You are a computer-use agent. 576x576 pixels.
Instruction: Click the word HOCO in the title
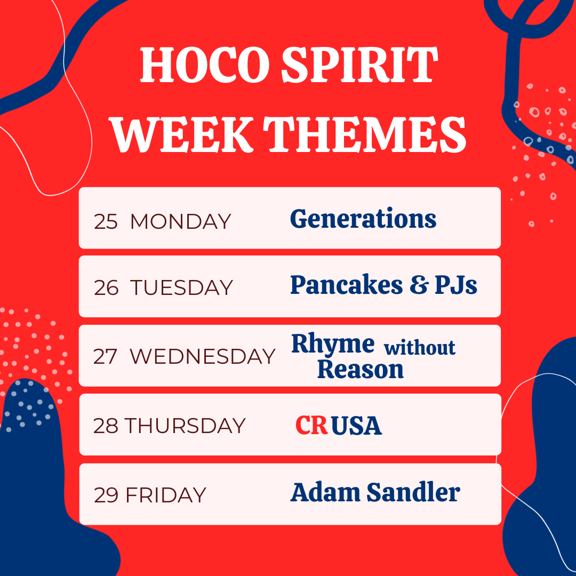pyautogui.click(x=205, y=65)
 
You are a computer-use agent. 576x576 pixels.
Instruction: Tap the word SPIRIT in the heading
pyautogui.click(x=360, y=65)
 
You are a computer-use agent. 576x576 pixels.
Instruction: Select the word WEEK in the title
pyautogui.click(x=182, y=134)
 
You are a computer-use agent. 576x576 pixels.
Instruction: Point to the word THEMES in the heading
pyautogui.click(x=365, y=134)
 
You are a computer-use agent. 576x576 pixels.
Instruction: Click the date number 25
pyautogui.click(x=106, y=221)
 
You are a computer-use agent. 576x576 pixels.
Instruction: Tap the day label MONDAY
pyautogui.click(x=180, y=221)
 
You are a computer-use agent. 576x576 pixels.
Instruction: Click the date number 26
pyautogui.click(x=106, y=287)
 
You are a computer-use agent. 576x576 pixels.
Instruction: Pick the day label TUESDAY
pyautogui.click(x=181, y=287)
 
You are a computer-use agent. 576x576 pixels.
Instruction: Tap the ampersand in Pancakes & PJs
pyautogui.click(x=419, y=285)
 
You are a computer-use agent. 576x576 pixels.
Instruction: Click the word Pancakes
pyautogui.click(x=347, y=285)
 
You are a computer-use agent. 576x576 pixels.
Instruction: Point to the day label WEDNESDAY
pyautogui.click(x=203, y=356)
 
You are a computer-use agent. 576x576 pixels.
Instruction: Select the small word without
pyautogui.click(x=420, y=348)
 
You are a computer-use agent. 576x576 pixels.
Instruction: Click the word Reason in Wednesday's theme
pyautogui.click(x=361, y=369)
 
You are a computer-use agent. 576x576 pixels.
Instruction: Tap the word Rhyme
pyautogui.click(x=333, y=345)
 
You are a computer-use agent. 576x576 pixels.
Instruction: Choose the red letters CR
pyautogui.click(x=311, y=425)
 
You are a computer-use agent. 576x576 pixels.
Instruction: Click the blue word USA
pyautogui.click(x=356, y=426)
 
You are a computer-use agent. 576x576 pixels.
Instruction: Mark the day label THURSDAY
pyautogui.click(x=185, y=426)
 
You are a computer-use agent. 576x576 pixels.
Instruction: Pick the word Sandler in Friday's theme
pyautogui.click(x=413, y=492)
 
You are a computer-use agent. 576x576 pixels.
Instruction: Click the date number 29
pyautogui.click(x=106, y=495)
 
